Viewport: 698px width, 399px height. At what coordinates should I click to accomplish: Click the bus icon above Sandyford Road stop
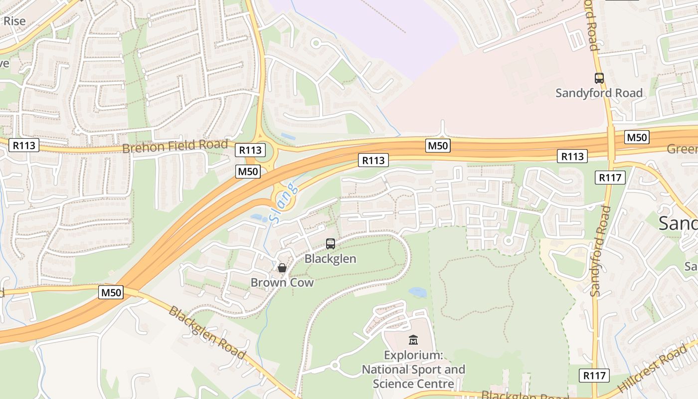599,78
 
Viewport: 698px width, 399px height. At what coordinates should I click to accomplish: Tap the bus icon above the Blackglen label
330,244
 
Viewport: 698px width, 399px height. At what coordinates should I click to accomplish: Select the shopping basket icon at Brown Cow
282,268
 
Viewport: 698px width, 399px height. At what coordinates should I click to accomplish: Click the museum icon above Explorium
413,340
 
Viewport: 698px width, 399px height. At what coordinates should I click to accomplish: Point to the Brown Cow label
282,282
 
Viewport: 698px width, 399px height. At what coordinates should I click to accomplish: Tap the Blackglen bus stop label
330,258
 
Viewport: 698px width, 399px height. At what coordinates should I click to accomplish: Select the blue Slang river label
283,202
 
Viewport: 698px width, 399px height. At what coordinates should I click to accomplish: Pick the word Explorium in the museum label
413,356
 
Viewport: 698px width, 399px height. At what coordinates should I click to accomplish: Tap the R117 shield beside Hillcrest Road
594,376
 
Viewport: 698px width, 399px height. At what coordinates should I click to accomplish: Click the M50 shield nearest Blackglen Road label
111,292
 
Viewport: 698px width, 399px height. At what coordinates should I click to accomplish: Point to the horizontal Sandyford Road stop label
599,93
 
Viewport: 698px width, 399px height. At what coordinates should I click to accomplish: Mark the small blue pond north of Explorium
417,292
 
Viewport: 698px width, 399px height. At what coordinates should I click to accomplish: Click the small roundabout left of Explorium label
335,366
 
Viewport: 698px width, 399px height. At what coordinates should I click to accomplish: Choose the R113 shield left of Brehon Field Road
23,145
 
